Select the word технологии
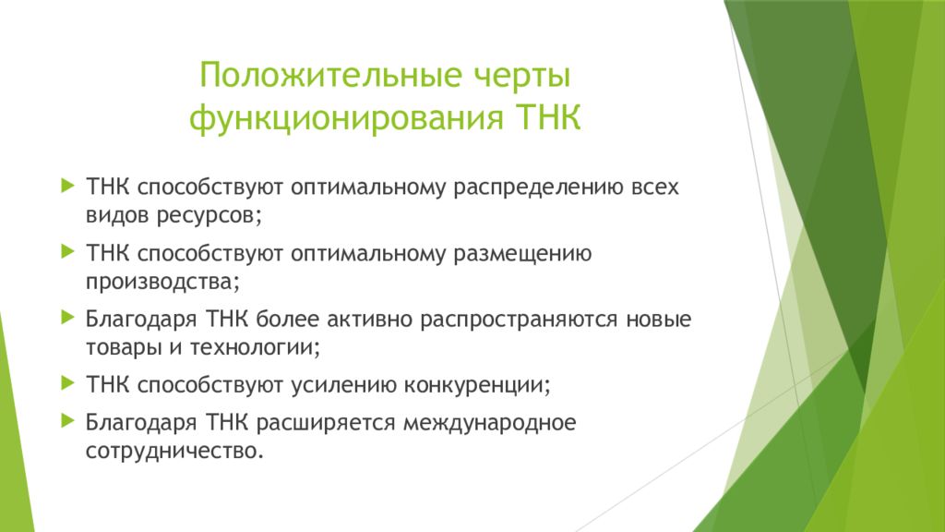[255, 347]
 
